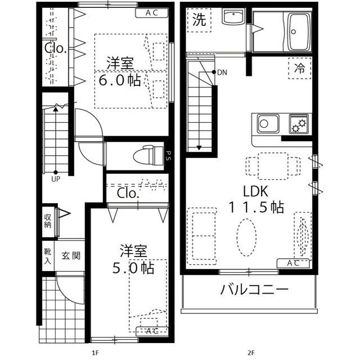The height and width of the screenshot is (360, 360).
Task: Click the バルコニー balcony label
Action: (x=254, y=291)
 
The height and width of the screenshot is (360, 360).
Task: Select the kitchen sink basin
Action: (x=267, y=122)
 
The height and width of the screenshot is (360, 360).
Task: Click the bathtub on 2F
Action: (x=299, y=31)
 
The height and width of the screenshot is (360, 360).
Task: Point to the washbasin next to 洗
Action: (x=231, y=17)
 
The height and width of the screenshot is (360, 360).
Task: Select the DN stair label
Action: (x=222, y=72)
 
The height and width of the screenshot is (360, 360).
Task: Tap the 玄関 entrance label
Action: (x=71, y=255)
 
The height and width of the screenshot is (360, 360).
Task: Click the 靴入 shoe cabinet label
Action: (x=48, y=255)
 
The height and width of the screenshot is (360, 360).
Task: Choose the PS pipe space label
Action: (x=168, y=155)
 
